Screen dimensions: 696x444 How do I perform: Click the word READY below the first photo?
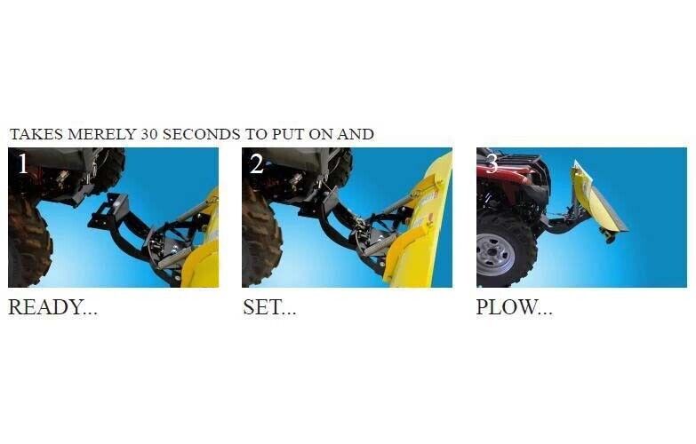pos(46,307)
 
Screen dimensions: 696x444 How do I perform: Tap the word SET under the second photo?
pos(262,307)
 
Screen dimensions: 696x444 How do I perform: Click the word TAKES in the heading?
pos(36,134)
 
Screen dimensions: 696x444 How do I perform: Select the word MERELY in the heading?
pos(101,134)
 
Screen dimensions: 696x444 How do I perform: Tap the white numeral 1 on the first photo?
pos(22,163)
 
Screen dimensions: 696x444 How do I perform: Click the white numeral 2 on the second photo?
pos(257,163)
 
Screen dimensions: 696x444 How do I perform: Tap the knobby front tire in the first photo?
pos(28,240)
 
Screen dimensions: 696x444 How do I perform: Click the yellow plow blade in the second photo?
pos(417,222)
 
